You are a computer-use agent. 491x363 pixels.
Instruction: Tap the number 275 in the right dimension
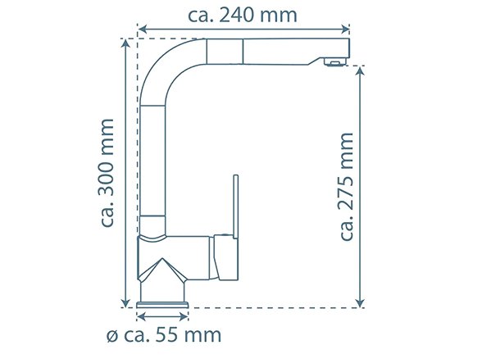coord(346,191)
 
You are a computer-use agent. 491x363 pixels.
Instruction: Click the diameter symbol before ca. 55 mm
coord(112,337)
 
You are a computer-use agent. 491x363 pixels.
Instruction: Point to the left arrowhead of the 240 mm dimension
coord(142,29)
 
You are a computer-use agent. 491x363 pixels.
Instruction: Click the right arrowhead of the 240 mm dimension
coord(345,29)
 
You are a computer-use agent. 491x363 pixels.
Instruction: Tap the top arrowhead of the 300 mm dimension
coord(125,43)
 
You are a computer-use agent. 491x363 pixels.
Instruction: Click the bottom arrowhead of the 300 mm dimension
coord(125,302)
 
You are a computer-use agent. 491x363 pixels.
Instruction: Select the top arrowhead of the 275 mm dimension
coord(360,71)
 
